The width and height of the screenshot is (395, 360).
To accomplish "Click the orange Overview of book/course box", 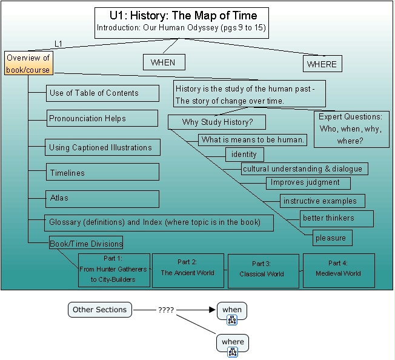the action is pyautogui.click(x=28, y=64).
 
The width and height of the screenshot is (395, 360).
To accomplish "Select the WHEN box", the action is pyautogui.click(x=163, y=62).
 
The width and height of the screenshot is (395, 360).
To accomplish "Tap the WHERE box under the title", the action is pyautogui.click(x=322, y=64).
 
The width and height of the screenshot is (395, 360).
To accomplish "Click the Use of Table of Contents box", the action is pyautogui.click(x=102, y=93).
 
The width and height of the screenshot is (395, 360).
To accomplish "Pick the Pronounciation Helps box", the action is pyautogui.click(x=102, y=118).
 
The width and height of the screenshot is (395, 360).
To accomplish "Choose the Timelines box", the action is pyautogui.click(x=102, y=172).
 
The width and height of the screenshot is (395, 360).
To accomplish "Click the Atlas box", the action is pyautogui.click(x=102, y=198).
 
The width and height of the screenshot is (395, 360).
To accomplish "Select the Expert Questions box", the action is pyautogui.click(x=351, y=128).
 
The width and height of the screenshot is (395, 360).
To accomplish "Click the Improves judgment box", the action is pyautogui.click(x=308, y=182).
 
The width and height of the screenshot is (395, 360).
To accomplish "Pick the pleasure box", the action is pyautogui.click(x=333, y=238).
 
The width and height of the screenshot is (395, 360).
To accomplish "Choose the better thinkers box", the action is pyautogui.click(x=336, y=218).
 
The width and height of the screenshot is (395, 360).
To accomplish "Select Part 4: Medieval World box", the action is pyautogui.click(x=338, y=269).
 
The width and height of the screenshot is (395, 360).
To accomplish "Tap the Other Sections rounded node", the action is pyautogui.click(x=100, y=310).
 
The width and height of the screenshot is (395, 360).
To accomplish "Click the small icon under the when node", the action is pyautogui.click(x=232, y=321).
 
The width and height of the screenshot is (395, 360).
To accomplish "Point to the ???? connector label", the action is pyautogui.click(x=166, y=310).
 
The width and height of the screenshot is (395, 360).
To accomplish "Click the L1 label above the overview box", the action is pyautogui.click(x=59, y=44).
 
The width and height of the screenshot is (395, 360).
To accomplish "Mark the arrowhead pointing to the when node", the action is pyautogui.click(x=212, y=310).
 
